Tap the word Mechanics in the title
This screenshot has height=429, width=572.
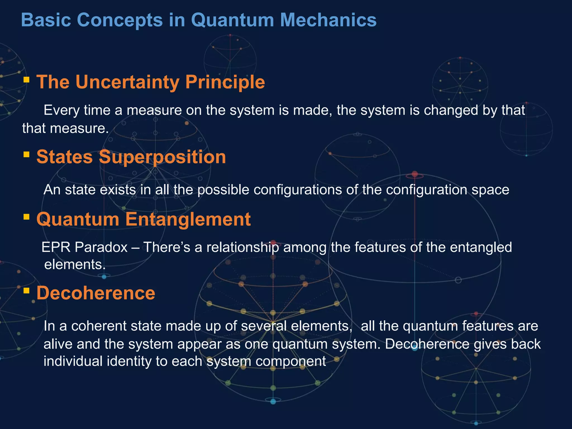click(328, 20)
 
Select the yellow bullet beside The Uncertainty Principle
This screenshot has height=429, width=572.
click(27, 80)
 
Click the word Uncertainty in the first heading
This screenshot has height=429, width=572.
click(128, 82)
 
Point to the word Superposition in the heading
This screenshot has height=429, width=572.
click(162, 157)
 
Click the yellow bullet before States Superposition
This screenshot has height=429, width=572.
click(27, 154)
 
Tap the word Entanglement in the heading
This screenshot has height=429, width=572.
click(188, 219)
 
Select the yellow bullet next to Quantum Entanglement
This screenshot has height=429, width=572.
click(27, 217)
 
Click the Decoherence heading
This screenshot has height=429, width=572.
click(96, 293)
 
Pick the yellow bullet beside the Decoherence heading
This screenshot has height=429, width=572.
click(27, 291)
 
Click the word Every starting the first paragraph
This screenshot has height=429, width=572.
click(61, 110)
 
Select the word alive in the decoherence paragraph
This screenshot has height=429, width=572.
click(58, 344)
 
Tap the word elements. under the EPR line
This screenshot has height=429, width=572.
click(75, 264)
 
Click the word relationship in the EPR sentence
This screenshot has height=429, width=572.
click(242, 247)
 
